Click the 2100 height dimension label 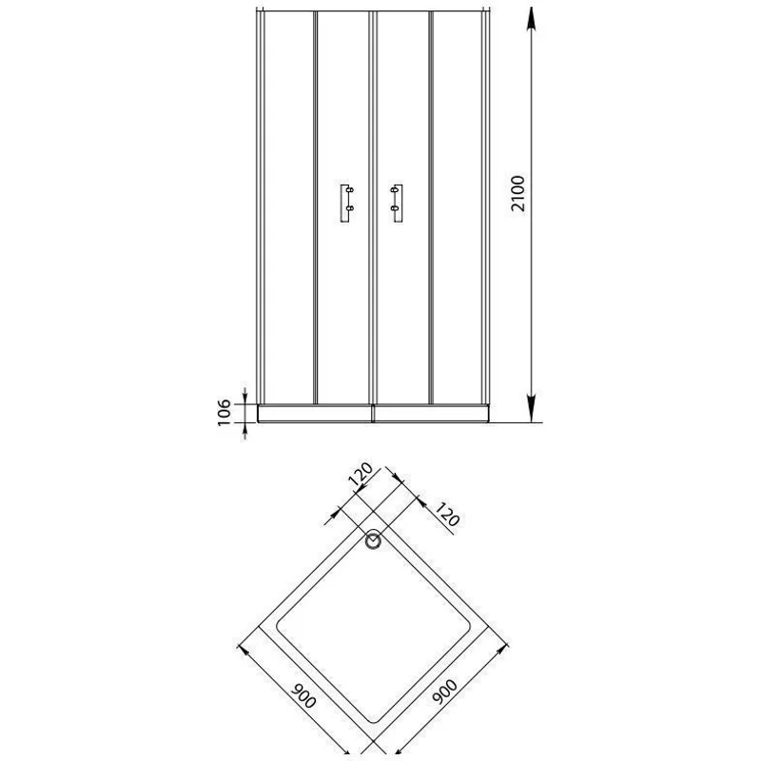518,194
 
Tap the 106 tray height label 224,413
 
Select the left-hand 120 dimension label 361,474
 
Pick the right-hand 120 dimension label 446,515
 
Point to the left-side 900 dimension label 303,696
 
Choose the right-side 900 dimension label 445,692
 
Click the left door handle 347,204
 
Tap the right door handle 397,204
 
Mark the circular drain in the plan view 373,540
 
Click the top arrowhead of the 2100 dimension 532,20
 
